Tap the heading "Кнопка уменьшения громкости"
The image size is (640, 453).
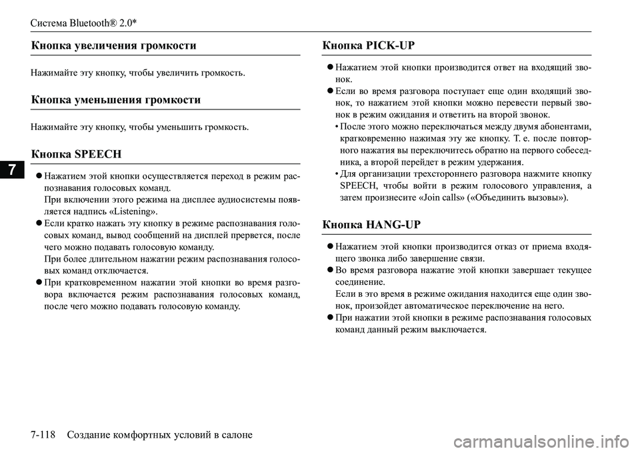point(116,99)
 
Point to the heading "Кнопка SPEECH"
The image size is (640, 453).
point(76,153)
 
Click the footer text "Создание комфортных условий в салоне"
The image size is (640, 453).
point(161,435)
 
